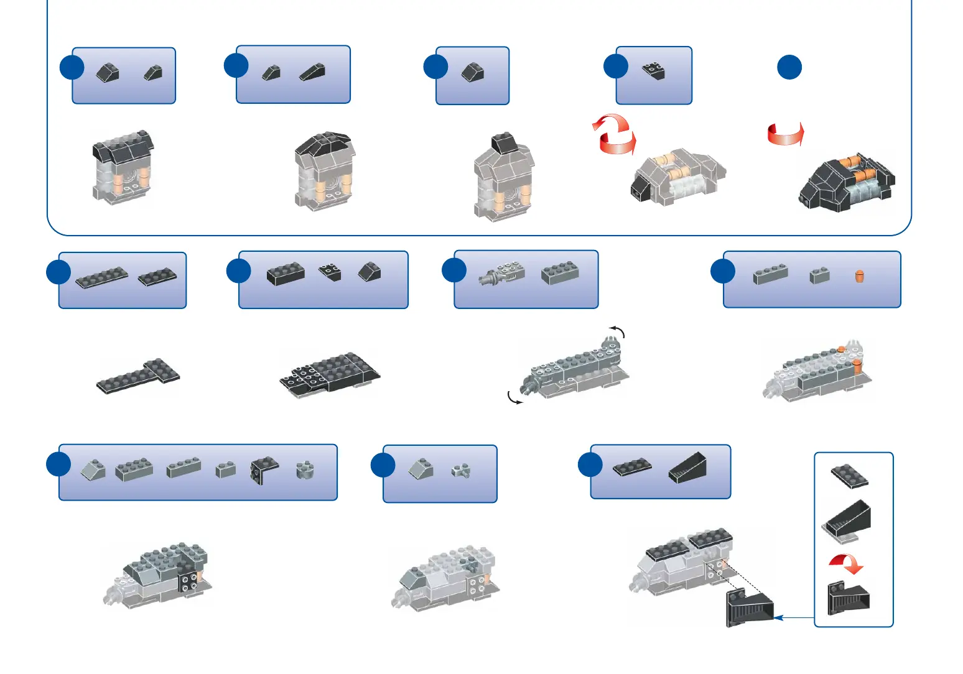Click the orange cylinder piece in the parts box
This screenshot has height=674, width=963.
click(859, 276)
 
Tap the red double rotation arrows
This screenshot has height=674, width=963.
click(614, 134)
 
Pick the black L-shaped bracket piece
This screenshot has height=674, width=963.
click(264, 470)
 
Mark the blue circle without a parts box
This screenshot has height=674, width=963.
click(789, 67)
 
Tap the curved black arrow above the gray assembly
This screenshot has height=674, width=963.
click(616, 330)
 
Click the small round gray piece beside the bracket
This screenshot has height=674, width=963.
click(305, 470)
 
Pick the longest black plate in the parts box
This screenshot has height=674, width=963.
click(101, 277)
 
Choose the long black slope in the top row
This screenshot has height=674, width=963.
click(312, 72)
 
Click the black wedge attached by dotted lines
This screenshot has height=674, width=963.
click(749, 607)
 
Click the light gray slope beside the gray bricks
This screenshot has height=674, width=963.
click(93, 470)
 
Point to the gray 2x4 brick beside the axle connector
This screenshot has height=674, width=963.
click(560, 272)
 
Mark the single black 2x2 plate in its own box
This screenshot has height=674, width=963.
click(653, 71)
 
